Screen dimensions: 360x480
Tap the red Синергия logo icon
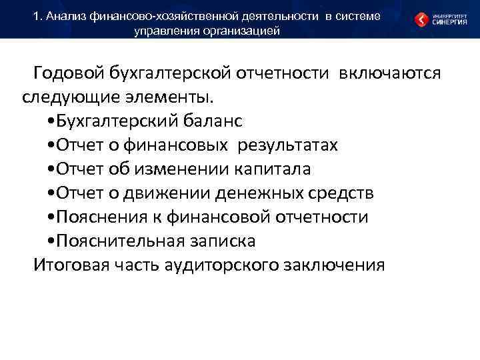click(x=421, y=19)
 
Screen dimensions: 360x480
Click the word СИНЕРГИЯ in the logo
click(x=449, y=22)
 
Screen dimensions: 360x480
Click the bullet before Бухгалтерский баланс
click(x=52, y=121)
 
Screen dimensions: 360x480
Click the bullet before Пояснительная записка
click(x=52, y=241)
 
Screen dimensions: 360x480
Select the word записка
click(x=223, y=241)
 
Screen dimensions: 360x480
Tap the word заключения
click(x=333, y=265)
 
